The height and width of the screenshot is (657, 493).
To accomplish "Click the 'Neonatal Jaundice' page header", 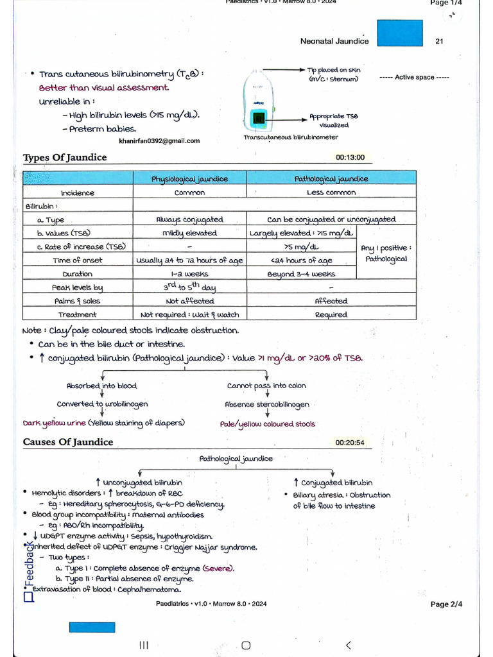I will tap(334, 41).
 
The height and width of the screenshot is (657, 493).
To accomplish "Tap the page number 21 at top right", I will tap(439, 41).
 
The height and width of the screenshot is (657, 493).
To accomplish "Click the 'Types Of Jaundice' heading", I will tap(65, 158).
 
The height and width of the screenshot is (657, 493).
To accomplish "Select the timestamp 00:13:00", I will tap(350, 157).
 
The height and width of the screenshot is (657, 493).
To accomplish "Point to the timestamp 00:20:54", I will tap(350, 443).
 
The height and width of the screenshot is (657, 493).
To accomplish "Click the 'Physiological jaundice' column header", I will tap(189, 179).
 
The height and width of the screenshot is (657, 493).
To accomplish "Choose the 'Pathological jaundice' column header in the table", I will tap(331, 179).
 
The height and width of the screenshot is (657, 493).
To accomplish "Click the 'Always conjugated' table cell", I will tap(189, 219).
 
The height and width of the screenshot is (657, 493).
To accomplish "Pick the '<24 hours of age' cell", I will tap(301, 260).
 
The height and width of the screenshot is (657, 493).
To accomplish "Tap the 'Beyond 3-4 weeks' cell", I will tap(301, 274).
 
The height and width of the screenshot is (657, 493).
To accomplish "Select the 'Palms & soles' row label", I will tap(77, 301).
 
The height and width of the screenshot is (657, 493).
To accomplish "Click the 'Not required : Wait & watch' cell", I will tap(189, 314).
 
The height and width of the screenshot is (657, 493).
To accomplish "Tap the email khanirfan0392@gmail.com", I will tap(159, 141).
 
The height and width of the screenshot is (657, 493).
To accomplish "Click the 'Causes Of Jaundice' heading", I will tap(68, 442).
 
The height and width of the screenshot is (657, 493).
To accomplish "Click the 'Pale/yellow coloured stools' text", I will tap(268, 424).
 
